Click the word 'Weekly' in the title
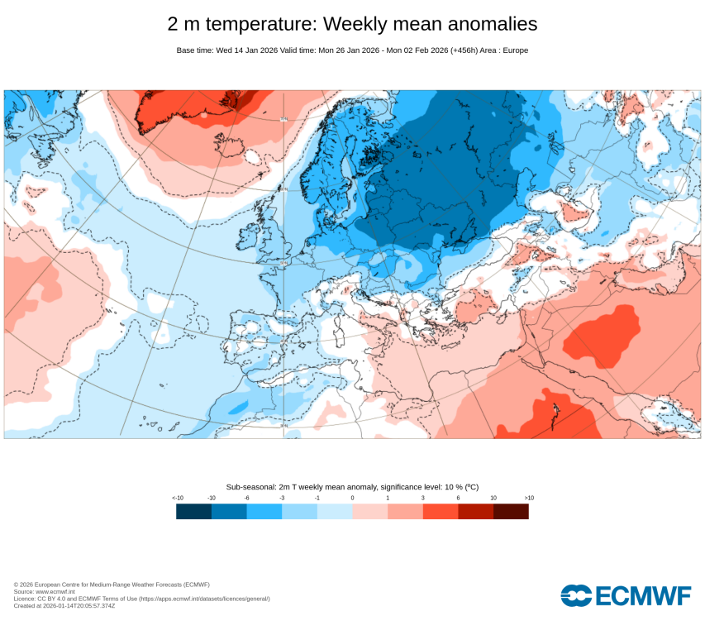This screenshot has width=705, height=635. (x=361, y=24)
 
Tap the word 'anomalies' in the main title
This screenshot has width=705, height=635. (x=493, y=24)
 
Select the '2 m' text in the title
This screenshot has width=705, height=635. (x=185, y=24)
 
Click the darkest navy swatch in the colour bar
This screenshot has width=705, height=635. (x=193, y=512)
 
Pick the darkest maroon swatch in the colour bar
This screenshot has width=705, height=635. (x=511, y=512)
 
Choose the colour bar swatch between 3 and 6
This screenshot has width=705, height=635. (x=441, y=512)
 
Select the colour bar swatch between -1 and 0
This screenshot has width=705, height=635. (x=335, y=512)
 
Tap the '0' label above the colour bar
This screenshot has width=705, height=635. (x=352, y=499)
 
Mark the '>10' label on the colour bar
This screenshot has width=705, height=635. (x=529, y=499)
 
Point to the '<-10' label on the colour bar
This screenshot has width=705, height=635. (x=177, y=499)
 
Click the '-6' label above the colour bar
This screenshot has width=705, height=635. (x=246, y=499)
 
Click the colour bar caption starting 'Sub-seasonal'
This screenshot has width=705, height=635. (x=352, y=487)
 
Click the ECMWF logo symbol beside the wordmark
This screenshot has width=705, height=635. (x=575, y=595)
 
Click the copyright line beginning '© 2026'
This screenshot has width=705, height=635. (x=112, y=585)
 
